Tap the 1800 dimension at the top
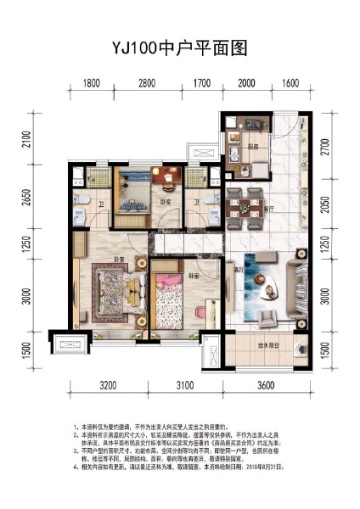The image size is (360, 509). point(93,82)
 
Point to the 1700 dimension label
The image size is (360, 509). point(201,82)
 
